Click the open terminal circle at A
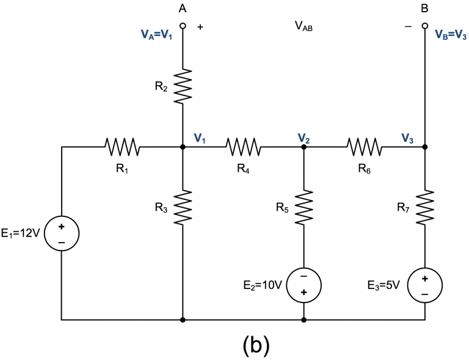[183, 27]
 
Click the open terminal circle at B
[425, 27]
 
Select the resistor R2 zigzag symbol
[183, 86]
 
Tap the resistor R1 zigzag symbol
[123, 147]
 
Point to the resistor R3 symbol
[183, 207]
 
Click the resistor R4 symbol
[244, 147]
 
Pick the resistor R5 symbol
[304, 207]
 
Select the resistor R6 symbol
[365, 147]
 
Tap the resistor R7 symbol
[425, 207]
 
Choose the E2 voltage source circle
[304, 284]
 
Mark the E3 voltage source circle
[425, 284]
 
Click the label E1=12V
[21, 233]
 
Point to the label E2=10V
[263, 284]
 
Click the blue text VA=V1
[158, 35]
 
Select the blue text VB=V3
[451, 35]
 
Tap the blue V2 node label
[304, 138]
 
